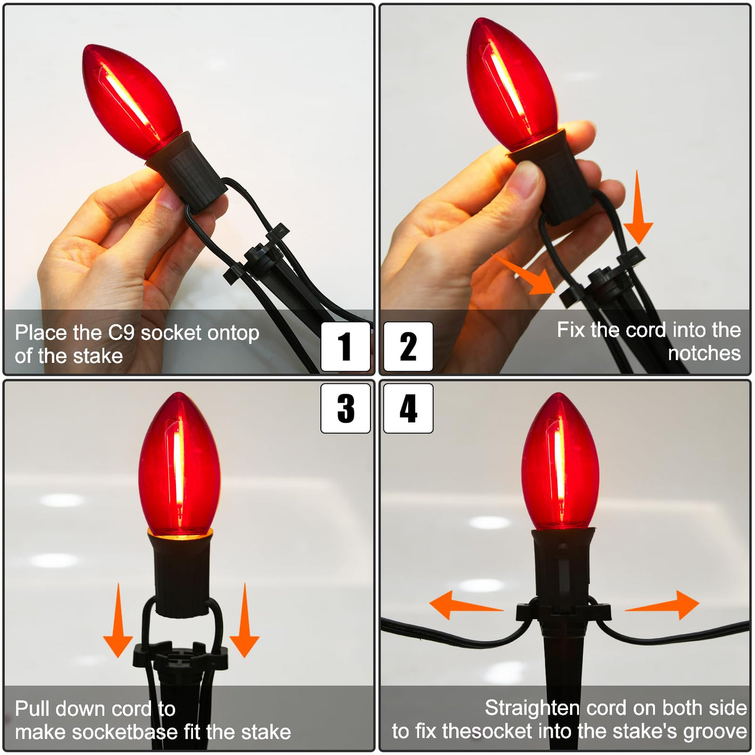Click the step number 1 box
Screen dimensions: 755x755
[x=345, y=346]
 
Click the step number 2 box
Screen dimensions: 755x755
[x=408, y=346]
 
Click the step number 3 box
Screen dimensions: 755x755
[x=345, y=408]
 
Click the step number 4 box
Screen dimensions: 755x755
[x=408, y=408]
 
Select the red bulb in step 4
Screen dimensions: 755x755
[x=560, y=462]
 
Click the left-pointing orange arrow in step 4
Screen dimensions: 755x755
[x=466, y=605]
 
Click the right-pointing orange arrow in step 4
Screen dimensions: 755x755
[x=662, y=605]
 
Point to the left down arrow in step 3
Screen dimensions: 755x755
[x=118, y=620]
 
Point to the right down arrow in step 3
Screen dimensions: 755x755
[x=244, y=620]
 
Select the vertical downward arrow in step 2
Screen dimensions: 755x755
[x=638, y=208]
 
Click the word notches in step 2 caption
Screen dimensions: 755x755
[x=704, y=353]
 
